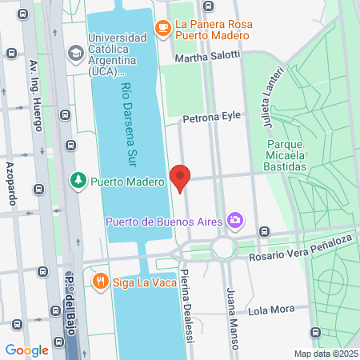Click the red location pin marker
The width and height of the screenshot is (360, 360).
tap(180, 177)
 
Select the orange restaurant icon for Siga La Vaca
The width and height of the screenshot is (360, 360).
tap(100, 281)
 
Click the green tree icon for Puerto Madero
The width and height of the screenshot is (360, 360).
tap(78, 181)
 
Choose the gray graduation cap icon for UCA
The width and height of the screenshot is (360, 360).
tap(76, 54)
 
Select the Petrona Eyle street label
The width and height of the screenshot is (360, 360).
tap(211, 116)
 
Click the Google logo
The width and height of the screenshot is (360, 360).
tap(27, 350)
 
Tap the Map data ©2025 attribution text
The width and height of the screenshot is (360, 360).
tap(324, 354)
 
